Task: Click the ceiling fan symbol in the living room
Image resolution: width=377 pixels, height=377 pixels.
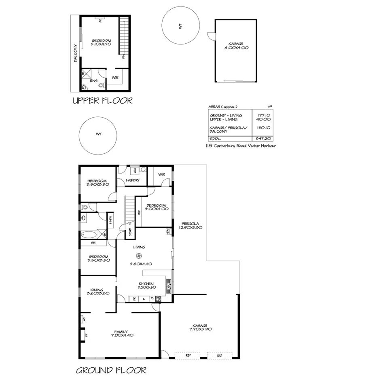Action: [x=139, y=256]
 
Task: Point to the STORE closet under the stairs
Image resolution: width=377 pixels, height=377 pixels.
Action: [x=130, y=232]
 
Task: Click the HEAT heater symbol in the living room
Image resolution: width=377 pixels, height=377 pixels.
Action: [x=167, y=232]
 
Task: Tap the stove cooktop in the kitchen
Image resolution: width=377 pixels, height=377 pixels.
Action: [x=158, y=299]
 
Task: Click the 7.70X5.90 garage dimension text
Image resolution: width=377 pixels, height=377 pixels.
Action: [x=200, y=329]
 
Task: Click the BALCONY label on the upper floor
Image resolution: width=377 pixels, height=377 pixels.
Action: [x=75, y=53]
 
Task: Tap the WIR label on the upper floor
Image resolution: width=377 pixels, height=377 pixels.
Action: [x=115, y=77]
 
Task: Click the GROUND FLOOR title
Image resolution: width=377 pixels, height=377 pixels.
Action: [x=111, y=370]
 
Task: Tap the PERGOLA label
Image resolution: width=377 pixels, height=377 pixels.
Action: [x=189, y=223]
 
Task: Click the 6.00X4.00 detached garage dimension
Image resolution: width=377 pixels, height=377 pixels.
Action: [x=236, y=48]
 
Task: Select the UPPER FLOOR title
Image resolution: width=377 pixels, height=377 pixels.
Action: [x=102, y=101]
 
